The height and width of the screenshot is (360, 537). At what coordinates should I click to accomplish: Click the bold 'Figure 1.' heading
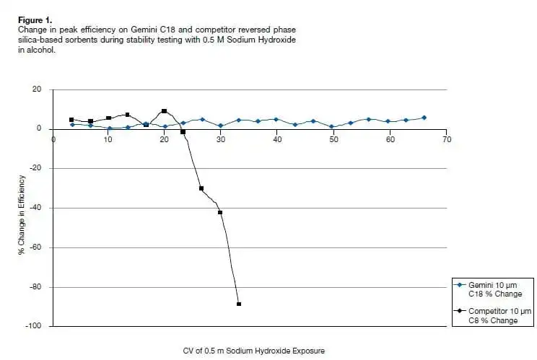click(x=35, y=20)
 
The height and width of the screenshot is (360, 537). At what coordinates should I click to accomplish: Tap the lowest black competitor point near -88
click(x=239, y=304)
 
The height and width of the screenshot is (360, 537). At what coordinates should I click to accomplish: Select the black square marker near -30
click(x=201, y=188)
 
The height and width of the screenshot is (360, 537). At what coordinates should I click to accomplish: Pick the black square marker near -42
click(x=220, y=213)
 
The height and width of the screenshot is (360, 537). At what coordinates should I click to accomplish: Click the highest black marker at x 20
click(x=164, y=111)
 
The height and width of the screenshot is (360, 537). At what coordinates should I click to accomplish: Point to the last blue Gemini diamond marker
click(x=424, y=118)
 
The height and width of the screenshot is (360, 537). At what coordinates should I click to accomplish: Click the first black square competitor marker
click(x=71, y=120)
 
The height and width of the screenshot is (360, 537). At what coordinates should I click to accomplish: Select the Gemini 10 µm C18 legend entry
click(x=488, y=289)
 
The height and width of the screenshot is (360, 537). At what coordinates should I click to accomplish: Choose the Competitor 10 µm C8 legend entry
click(x=492, y=316)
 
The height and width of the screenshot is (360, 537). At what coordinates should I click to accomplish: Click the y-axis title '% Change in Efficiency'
click(x=22, y=215)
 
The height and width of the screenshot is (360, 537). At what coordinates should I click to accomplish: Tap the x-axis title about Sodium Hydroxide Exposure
click(x=254, y=351)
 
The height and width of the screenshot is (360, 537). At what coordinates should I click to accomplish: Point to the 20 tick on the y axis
click(x=37, y=89)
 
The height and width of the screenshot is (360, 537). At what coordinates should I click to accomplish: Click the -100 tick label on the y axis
click(x=33, y=326)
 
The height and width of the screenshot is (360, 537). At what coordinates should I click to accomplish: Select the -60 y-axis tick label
click(x=35, y=247)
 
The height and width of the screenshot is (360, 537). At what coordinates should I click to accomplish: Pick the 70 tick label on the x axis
click(x=447, y=139)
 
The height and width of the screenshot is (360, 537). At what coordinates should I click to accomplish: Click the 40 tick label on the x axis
click(x=277, y=139)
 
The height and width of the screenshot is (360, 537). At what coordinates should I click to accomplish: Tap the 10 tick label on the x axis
click(x=108, y=139)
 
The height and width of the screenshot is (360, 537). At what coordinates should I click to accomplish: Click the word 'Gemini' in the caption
click(x=144, y=30)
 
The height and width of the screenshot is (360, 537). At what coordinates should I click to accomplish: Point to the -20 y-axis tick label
click(x=35, y=168)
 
